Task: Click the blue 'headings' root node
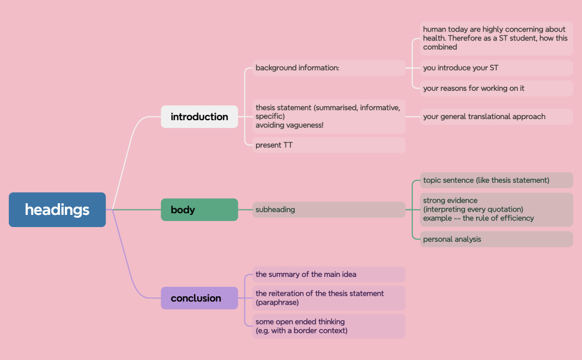tap(57, 209)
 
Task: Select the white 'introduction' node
tap(200, 117)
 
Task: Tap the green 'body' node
tap(200, 210)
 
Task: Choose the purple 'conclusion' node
tap(200, 298)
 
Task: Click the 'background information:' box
tap(329, 68)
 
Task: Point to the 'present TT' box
tap(329, 145)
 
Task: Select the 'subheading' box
tap(329, 209)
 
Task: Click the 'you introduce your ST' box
tap(496, 68)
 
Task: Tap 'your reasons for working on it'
tap(496, 88)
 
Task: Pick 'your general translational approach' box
tap(496, 116)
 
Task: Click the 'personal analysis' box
tap(496, 239)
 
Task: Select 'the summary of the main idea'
tap(329, 274)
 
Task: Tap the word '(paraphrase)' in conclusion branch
tap(277, 302)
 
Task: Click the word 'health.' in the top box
tap(434, 38)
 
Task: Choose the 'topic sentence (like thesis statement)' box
tap(496, 180)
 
